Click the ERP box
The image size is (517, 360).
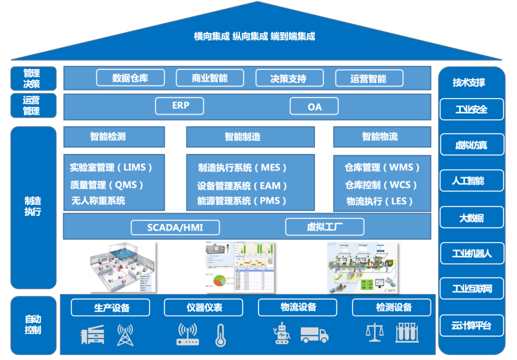[x=180, y=106]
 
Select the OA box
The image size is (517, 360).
[x=314, y=106]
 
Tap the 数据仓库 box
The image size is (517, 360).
[x=130, y=78]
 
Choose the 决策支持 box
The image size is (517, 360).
[x=289, y=78]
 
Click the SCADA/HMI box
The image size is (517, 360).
[x=175, y=227]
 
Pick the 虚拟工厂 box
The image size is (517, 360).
[x=325, y=227]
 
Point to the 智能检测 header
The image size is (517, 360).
[x=114, y=137]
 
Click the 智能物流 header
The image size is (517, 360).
[x=380, y=137]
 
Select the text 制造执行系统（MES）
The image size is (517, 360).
[x=243, y=168]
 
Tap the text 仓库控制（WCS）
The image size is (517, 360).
[x=381, y=185]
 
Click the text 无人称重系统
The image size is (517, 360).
[x=98, y=201]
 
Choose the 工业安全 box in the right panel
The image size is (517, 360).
[x=471, y=109]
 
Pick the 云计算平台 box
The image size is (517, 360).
[x=471, y=326]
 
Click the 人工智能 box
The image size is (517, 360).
[x=471, y=181]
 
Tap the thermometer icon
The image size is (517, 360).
[x=220, y=335]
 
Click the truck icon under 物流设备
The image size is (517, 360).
[x=315, y=335]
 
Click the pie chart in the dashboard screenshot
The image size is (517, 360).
[x=220, y=281]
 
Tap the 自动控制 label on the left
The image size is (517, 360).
[x=33, y=324]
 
